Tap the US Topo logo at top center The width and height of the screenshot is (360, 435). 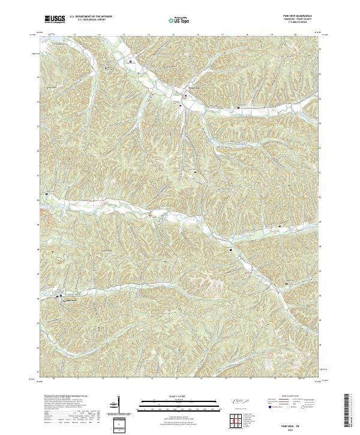(180, 20)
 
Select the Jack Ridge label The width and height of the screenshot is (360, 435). (107, 250)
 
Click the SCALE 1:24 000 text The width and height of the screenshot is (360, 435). (180, 397)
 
